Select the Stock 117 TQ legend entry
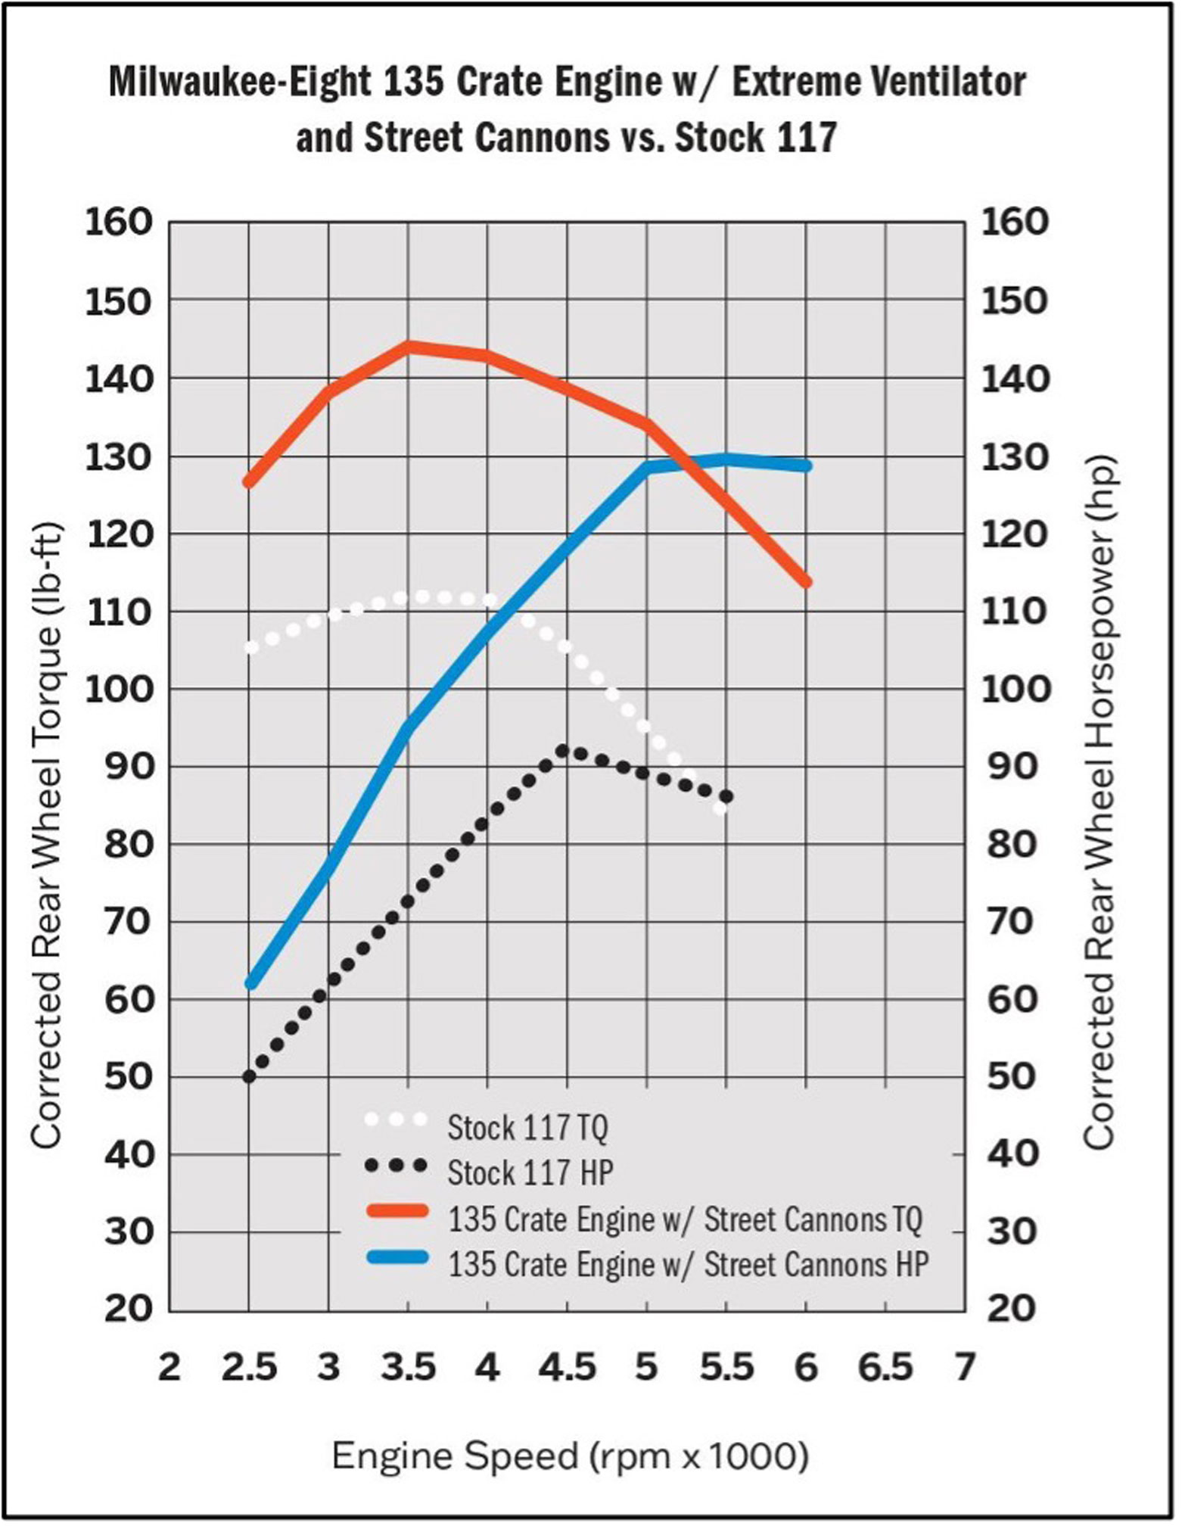coord(527,1128)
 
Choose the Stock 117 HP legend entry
coord(530,1172)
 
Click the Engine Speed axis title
coord(570,1456)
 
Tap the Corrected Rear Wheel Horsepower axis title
coord(1100,802)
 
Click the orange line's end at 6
coord(806,582)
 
